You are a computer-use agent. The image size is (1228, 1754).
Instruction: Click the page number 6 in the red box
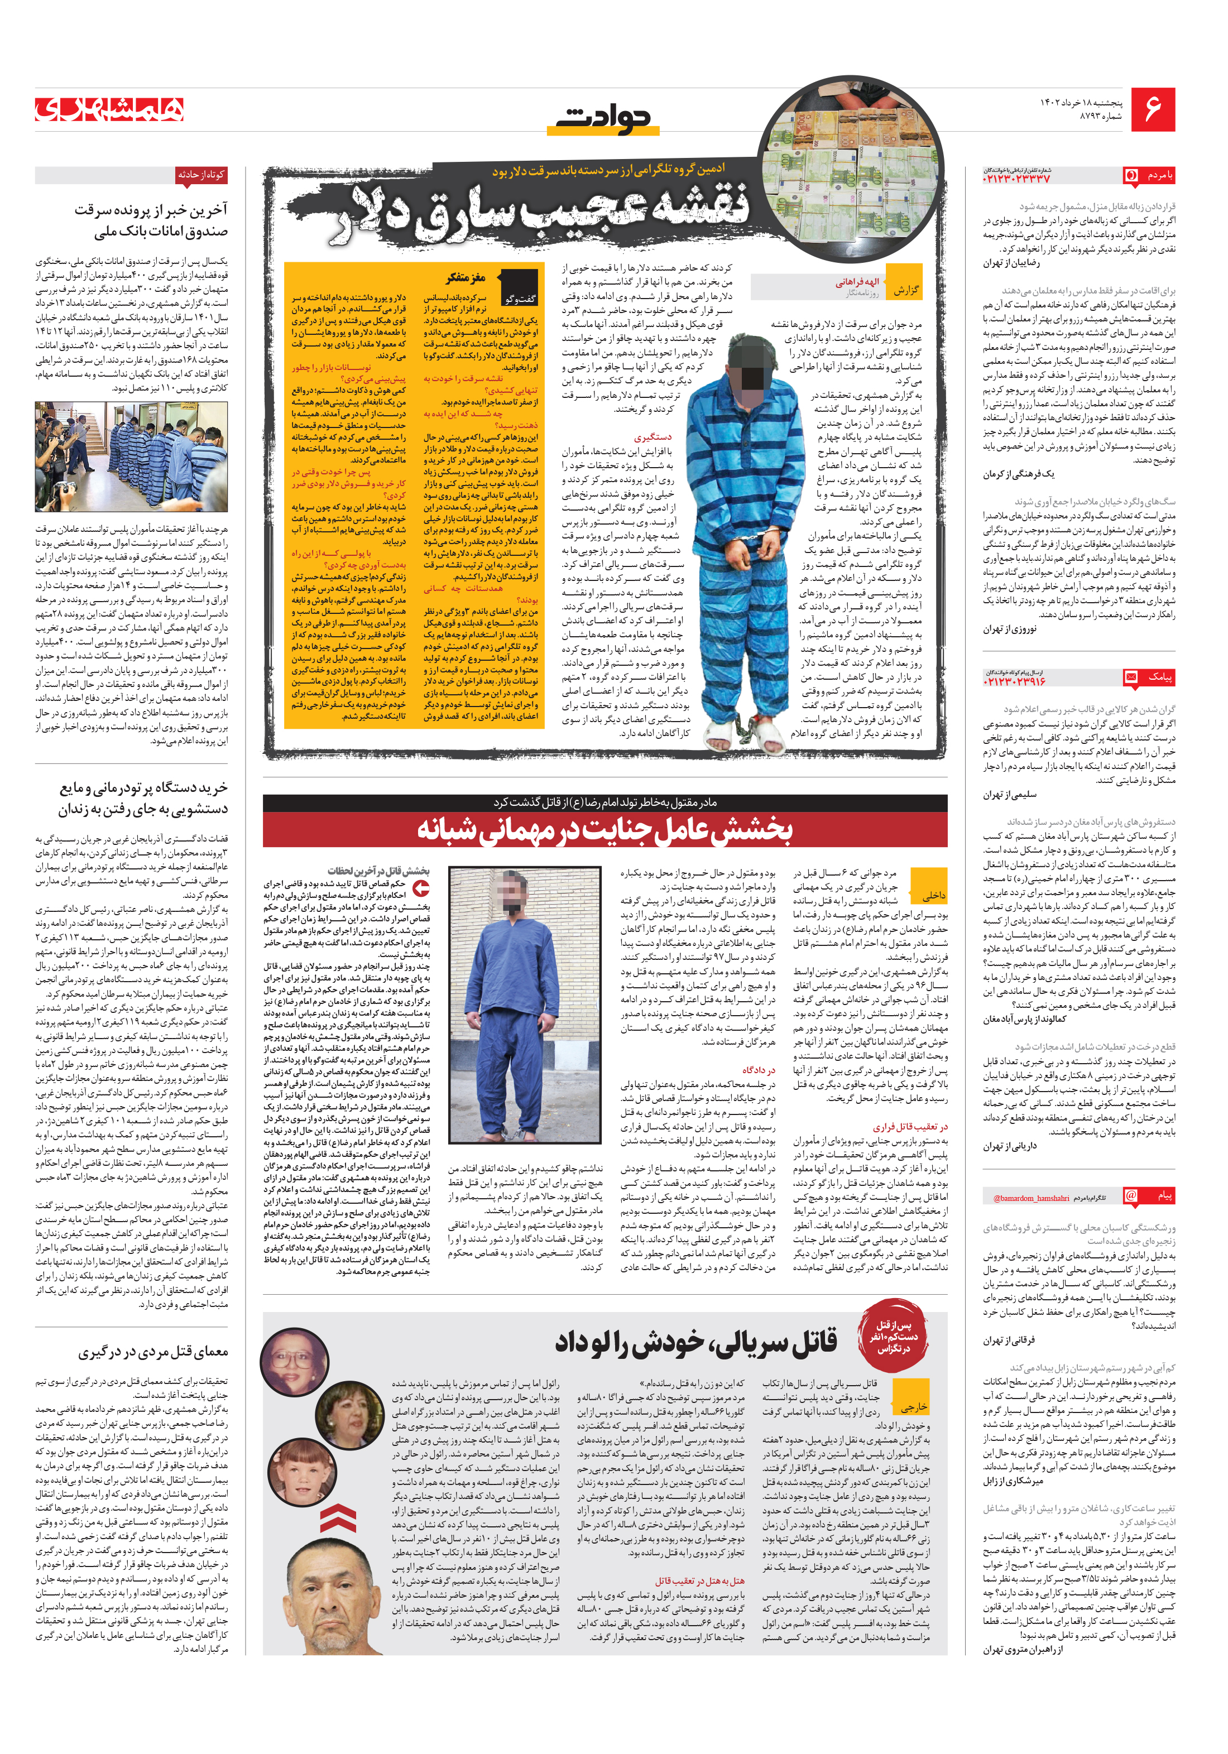(x=1152, y=109)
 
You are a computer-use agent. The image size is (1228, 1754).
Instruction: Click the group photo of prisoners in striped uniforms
(x=131, y=457)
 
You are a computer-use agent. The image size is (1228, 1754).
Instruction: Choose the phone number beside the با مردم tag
(x=1016, y=178)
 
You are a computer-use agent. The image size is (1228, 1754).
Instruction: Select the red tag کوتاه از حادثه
(x=201, y=175)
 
